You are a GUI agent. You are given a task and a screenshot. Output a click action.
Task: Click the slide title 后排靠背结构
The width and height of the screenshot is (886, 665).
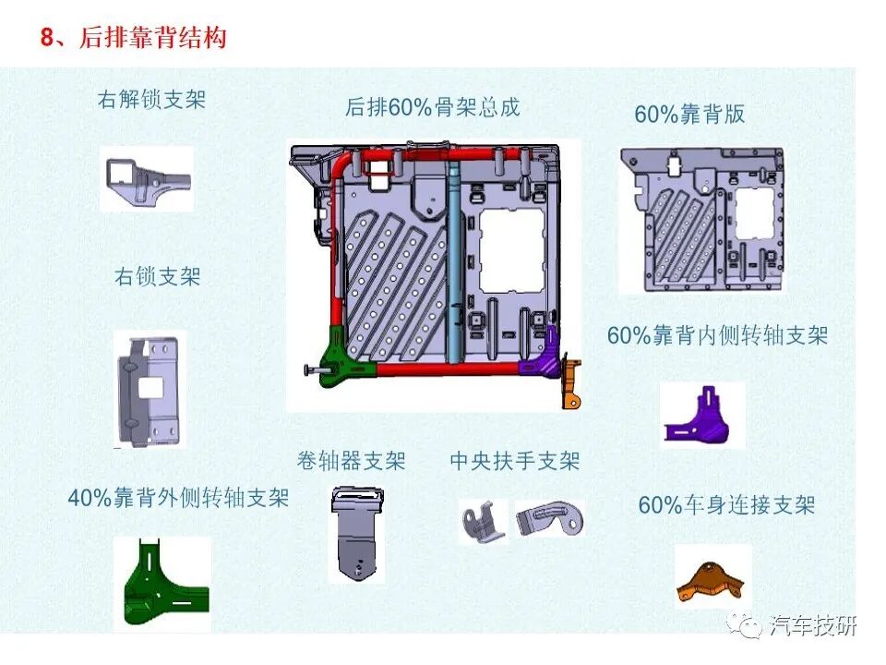(134, 38)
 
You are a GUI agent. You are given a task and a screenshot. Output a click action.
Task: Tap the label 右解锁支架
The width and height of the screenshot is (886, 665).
(151, 99)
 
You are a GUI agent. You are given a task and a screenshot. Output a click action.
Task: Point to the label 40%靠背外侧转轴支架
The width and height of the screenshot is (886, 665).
(178, 498)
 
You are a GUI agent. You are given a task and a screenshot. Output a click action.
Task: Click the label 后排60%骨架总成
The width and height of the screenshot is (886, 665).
(433, 107)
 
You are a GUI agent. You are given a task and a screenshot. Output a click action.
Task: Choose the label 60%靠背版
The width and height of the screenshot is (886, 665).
(689, 115)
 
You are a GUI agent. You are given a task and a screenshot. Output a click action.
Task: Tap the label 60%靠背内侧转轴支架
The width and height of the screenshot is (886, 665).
(717, 335)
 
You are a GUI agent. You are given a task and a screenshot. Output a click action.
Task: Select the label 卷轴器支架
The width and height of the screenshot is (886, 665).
(351, 460)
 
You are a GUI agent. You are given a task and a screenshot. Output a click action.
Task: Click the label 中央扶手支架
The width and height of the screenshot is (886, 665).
(515, 460)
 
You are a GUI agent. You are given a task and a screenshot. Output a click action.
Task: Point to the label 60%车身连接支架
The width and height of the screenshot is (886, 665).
(727, 505)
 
